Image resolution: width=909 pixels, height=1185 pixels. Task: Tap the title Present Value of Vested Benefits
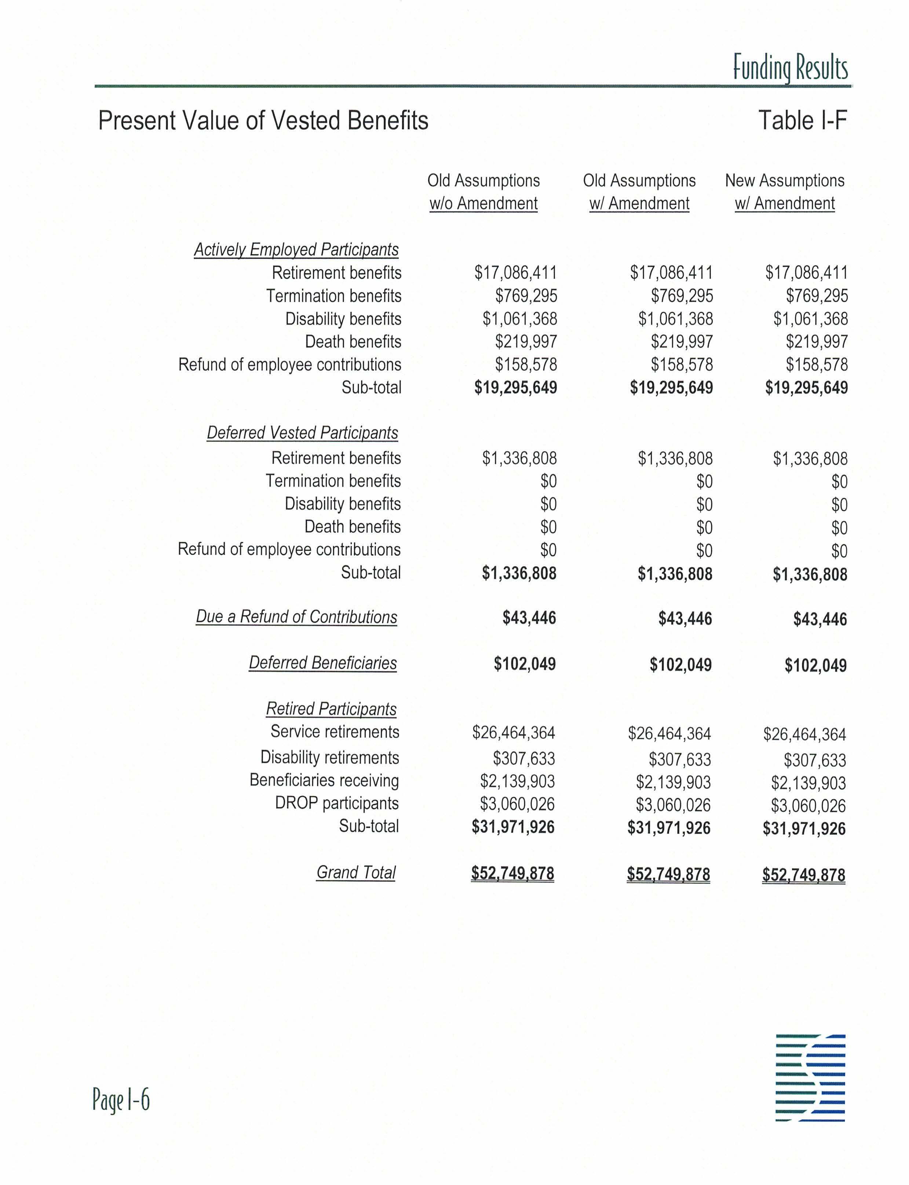(263, 120)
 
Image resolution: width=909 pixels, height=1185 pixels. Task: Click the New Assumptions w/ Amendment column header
(785, 192)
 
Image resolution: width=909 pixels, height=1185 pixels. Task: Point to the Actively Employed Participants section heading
(296, 250)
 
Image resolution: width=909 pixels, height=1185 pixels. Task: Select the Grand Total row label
(356, 872)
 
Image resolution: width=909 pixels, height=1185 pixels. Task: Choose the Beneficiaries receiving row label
(324, 780)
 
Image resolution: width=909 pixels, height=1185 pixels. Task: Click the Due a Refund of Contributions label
(296, 617)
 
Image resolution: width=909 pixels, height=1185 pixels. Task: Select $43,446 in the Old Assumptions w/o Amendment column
(529, 618)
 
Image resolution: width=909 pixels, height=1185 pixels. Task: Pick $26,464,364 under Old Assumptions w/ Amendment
(669, 733)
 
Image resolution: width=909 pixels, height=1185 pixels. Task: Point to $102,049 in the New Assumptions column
(815, 665)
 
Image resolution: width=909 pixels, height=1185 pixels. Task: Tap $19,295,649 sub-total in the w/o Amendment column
(516, 388)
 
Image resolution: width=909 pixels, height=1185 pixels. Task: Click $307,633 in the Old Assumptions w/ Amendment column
(680, 760)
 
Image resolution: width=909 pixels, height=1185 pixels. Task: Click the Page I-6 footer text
(121, 1099)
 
